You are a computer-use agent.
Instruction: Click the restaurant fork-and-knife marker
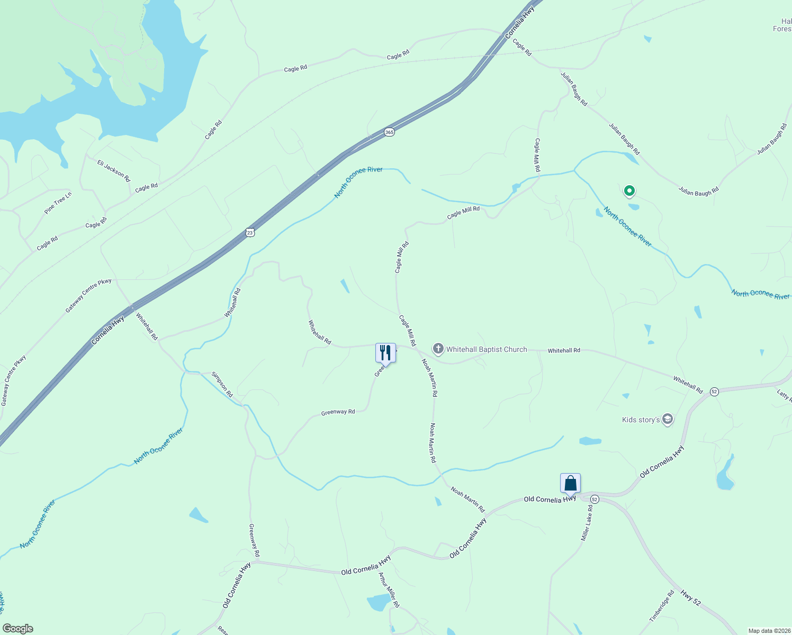385,352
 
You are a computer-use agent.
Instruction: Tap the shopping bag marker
570,483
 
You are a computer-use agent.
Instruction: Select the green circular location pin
629,190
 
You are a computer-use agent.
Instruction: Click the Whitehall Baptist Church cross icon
438,349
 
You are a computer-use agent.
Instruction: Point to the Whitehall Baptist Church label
486,349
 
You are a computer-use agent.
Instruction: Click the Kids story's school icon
668,420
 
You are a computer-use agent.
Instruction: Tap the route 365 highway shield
389,132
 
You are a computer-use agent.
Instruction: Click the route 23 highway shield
250,232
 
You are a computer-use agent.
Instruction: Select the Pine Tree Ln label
58,203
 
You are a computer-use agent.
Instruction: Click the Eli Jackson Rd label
113,170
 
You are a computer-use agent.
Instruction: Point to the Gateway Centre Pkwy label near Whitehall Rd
88,296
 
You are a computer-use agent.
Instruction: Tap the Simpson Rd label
222,385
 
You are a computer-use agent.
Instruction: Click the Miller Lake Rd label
587,523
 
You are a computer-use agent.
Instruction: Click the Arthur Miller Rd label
389,589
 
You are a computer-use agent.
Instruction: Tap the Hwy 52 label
690,598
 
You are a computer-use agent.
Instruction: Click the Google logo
17,629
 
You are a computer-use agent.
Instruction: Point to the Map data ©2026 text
769,631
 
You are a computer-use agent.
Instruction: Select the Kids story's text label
641,420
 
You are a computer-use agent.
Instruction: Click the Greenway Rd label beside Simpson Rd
338,412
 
